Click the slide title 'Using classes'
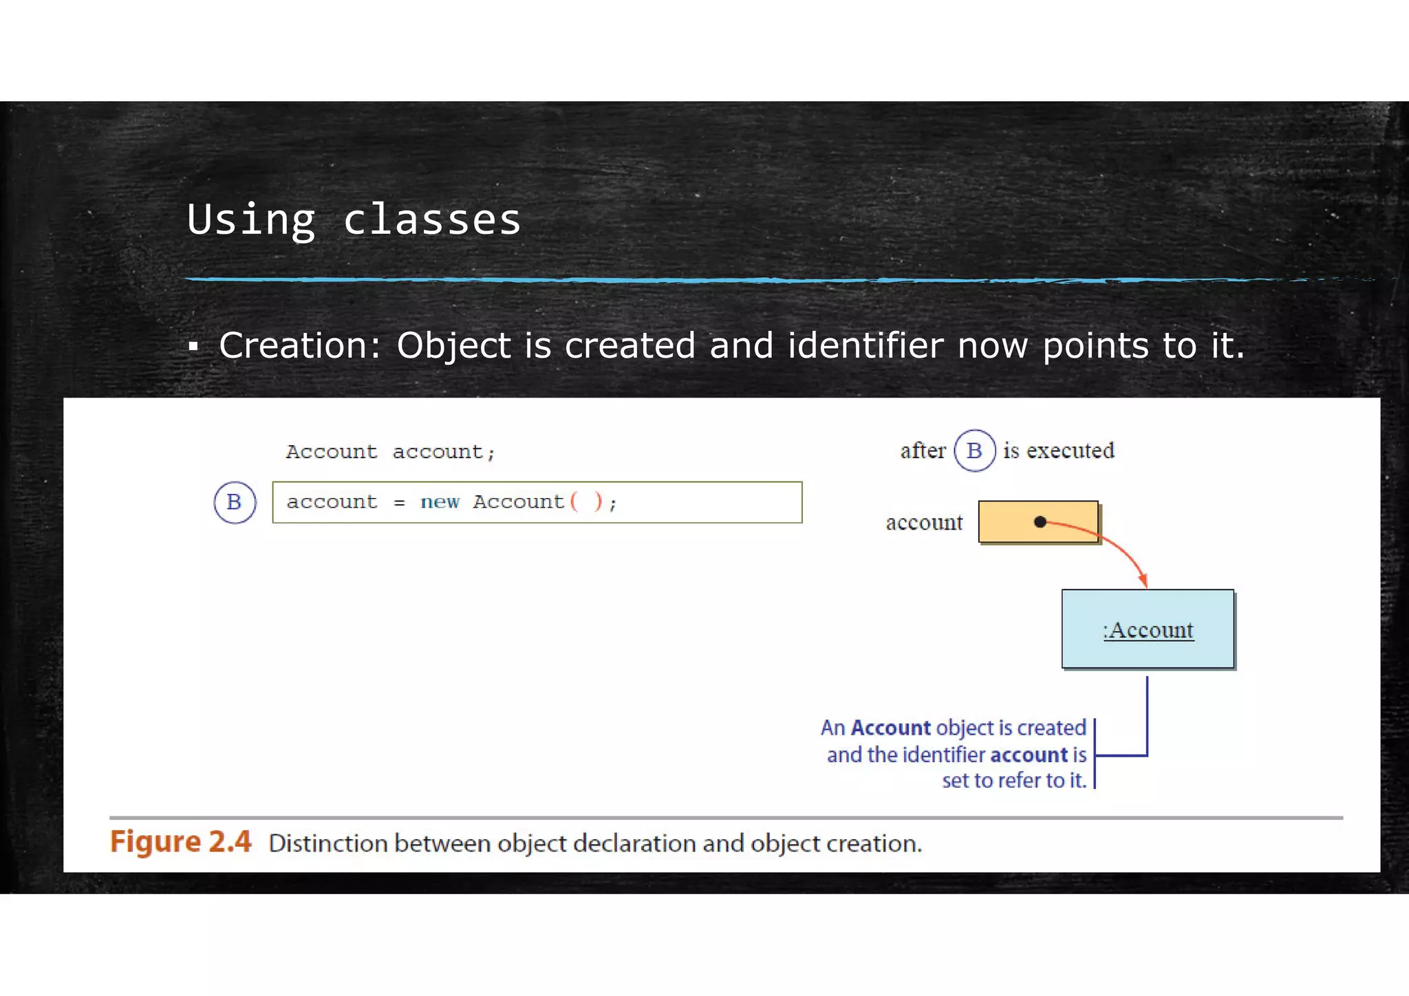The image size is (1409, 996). coord(354,220)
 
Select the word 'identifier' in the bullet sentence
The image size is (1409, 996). coord(865,345)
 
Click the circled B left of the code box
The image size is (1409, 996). coord(235,502)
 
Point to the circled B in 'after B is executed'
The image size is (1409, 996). coord(974,451)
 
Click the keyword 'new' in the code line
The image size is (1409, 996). coord(440,502)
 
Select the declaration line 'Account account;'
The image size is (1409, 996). coord(390,452)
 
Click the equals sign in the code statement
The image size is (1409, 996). coord(399,503)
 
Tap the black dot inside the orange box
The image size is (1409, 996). coord(1040,522)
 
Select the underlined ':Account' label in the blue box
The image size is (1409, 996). coord(1148,630)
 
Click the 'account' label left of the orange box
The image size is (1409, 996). coord(924,523)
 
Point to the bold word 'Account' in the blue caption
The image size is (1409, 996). coord(890,728)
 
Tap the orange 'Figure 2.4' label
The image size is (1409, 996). coord(181,842)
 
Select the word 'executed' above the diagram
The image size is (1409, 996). coord(1071,451)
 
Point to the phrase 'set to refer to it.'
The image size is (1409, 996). coord(1014,781)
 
